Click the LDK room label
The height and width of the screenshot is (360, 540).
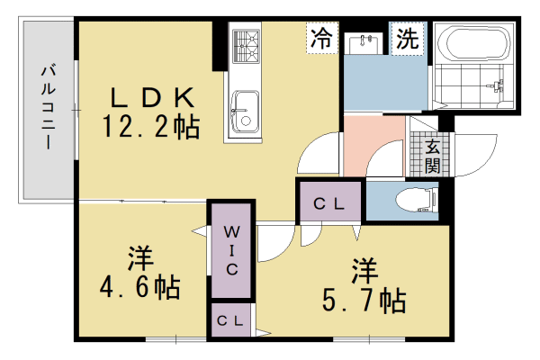152,96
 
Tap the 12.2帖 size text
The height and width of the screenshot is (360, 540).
152,127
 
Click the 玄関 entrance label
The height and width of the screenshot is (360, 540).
433,156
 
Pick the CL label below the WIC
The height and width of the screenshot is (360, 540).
232,320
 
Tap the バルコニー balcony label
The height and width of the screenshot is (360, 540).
47,106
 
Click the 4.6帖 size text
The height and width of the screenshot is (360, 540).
139,288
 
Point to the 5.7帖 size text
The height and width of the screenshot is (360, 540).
364,300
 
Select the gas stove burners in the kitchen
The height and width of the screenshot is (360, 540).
245,45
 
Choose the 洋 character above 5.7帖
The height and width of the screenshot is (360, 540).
364,269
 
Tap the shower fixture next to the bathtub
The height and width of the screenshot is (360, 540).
494,87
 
